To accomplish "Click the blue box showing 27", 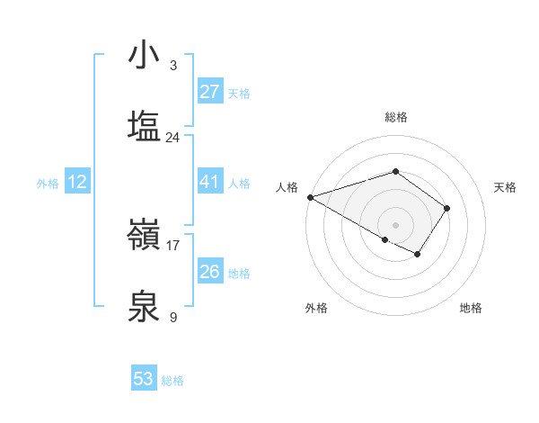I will pyautogui.click(x=209, y=92).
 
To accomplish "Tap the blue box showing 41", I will pyautogui.click(x=209, y=182).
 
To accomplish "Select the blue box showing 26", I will pyautogui.click(x=209, y=272).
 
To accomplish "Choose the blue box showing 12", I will pyautogui.click(x=77, y=182).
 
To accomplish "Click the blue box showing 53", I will pyautogui.click(x=144, y=379).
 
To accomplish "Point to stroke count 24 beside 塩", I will pyautogui.click(x=172, y=138).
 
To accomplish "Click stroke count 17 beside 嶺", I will pyautogui.click(x=172, y=245).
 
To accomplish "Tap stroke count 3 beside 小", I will pyautogui.click(x=172, y=66).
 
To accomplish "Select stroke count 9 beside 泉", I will pyautogui.click(x=172, y=317).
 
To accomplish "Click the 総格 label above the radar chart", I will pyautogui.click(x=395, y=117).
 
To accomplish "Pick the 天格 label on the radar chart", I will pyautogui.click(x=506, y=187).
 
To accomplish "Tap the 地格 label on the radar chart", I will pyautogui.click(x=471, y=308).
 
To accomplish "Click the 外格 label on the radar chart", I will pyautogui.click(x=316, y=308).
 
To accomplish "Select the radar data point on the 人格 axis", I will pyautogui.click(x=310, y=197).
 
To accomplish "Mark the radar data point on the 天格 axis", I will pyautogui.click(x=446, y=208).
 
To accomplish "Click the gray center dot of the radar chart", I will pyautogui.click(x=395, y=224).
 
